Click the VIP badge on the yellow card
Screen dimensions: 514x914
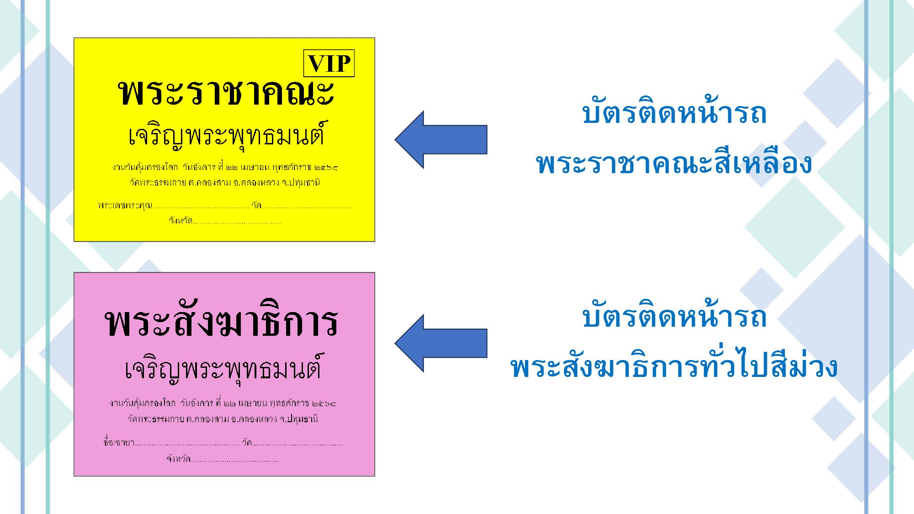[x=329, y=63]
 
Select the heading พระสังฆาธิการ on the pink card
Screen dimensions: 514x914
[x=222, y=323]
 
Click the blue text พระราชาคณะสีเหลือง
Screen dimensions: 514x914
[x=674, y=164]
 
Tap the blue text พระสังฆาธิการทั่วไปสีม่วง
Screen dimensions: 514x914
[x=674, y=367]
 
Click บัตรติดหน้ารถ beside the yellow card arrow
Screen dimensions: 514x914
[x=674, y=113]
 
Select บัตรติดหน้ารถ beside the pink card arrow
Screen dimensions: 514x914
[x=674, y=317]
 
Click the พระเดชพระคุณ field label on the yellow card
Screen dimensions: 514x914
[x=125, y=206]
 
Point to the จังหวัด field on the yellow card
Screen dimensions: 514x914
[x=181, y=221]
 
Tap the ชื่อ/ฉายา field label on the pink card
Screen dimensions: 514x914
[x=119, y=442]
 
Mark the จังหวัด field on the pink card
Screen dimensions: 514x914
[x=179, y=459]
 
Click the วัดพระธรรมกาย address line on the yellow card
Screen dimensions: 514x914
[x=224, y=182]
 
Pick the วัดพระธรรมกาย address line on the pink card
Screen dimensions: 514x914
[x=223, y=419]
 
